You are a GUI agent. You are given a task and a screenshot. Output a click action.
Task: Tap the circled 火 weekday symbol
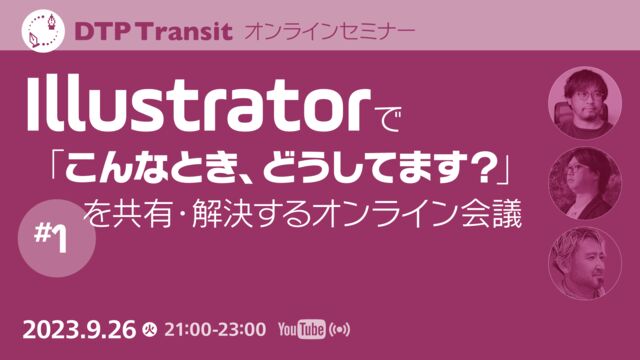tap(149, 328)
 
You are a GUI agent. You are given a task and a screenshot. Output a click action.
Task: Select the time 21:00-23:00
tap(215, 328)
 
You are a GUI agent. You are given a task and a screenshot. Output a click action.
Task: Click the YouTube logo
tap(302, 328)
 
